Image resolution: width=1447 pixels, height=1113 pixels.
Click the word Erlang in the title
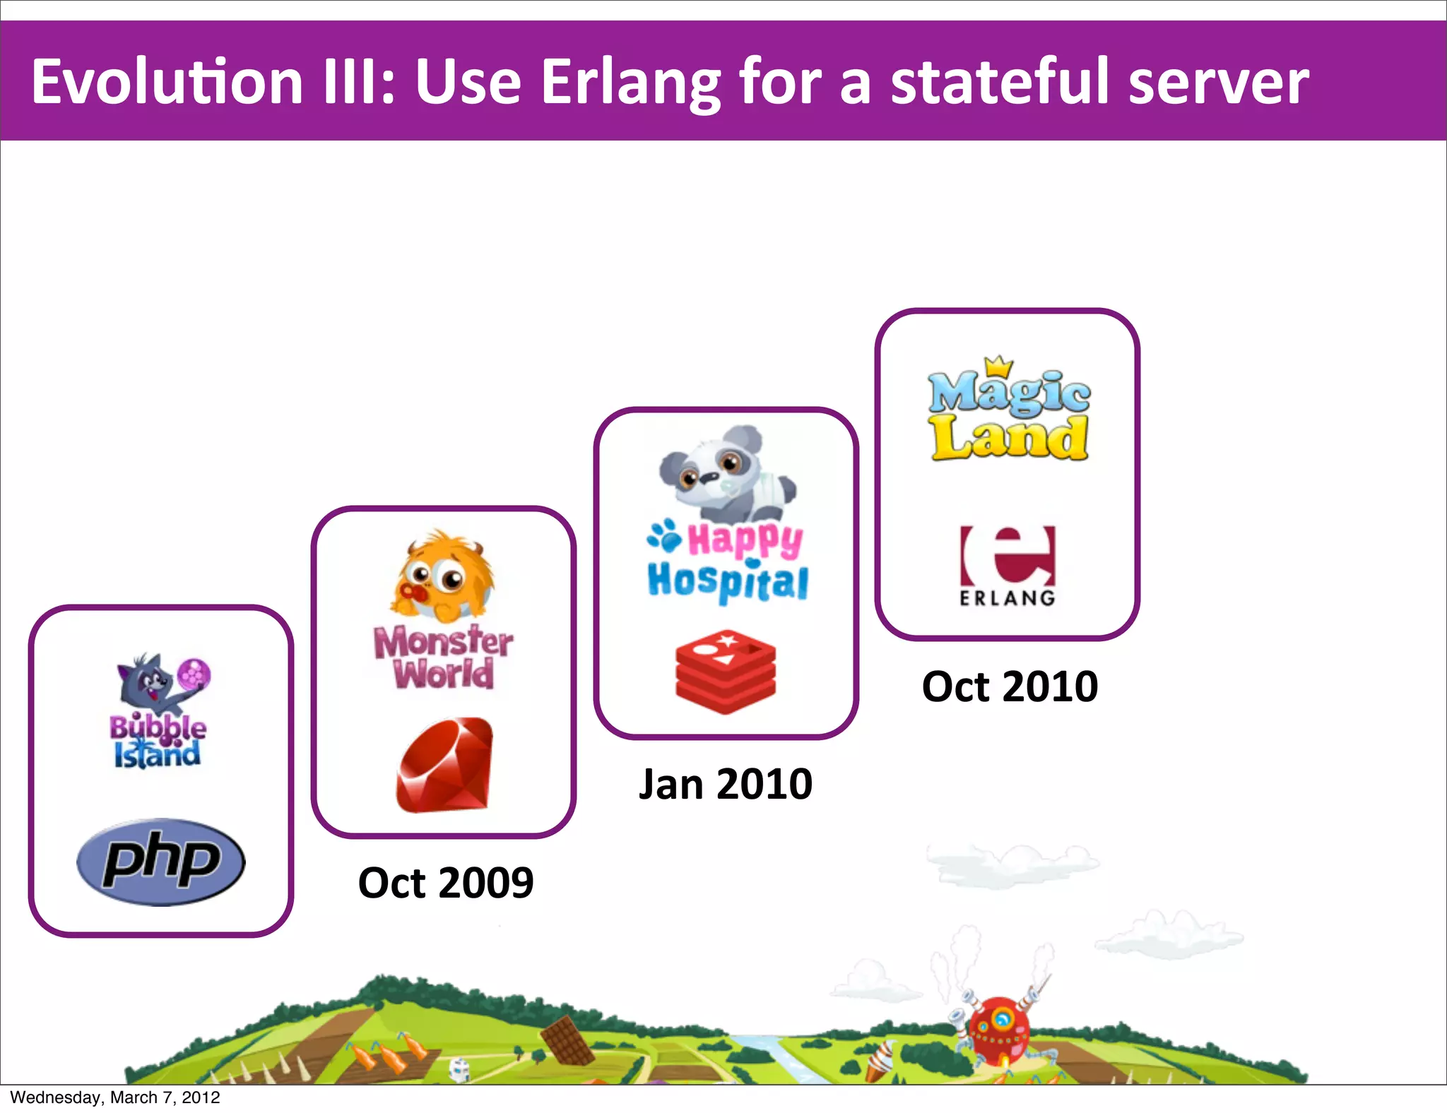630,83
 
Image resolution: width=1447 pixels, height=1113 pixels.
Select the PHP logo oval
161,862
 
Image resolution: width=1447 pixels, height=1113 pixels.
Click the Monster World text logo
444,657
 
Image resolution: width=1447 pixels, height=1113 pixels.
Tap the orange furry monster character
443,576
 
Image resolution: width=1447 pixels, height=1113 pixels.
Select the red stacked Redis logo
726,672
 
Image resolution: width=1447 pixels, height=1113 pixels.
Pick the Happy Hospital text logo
728,561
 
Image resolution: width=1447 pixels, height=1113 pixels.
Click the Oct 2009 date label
446,883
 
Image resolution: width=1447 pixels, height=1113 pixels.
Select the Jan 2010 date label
726,784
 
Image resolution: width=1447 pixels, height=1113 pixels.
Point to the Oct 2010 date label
1010,686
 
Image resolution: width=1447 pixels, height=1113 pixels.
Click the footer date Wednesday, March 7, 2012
115,1097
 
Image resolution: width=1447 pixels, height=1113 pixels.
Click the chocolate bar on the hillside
567,1040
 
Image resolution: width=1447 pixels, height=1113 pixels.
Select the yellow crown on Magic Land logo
999,367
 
